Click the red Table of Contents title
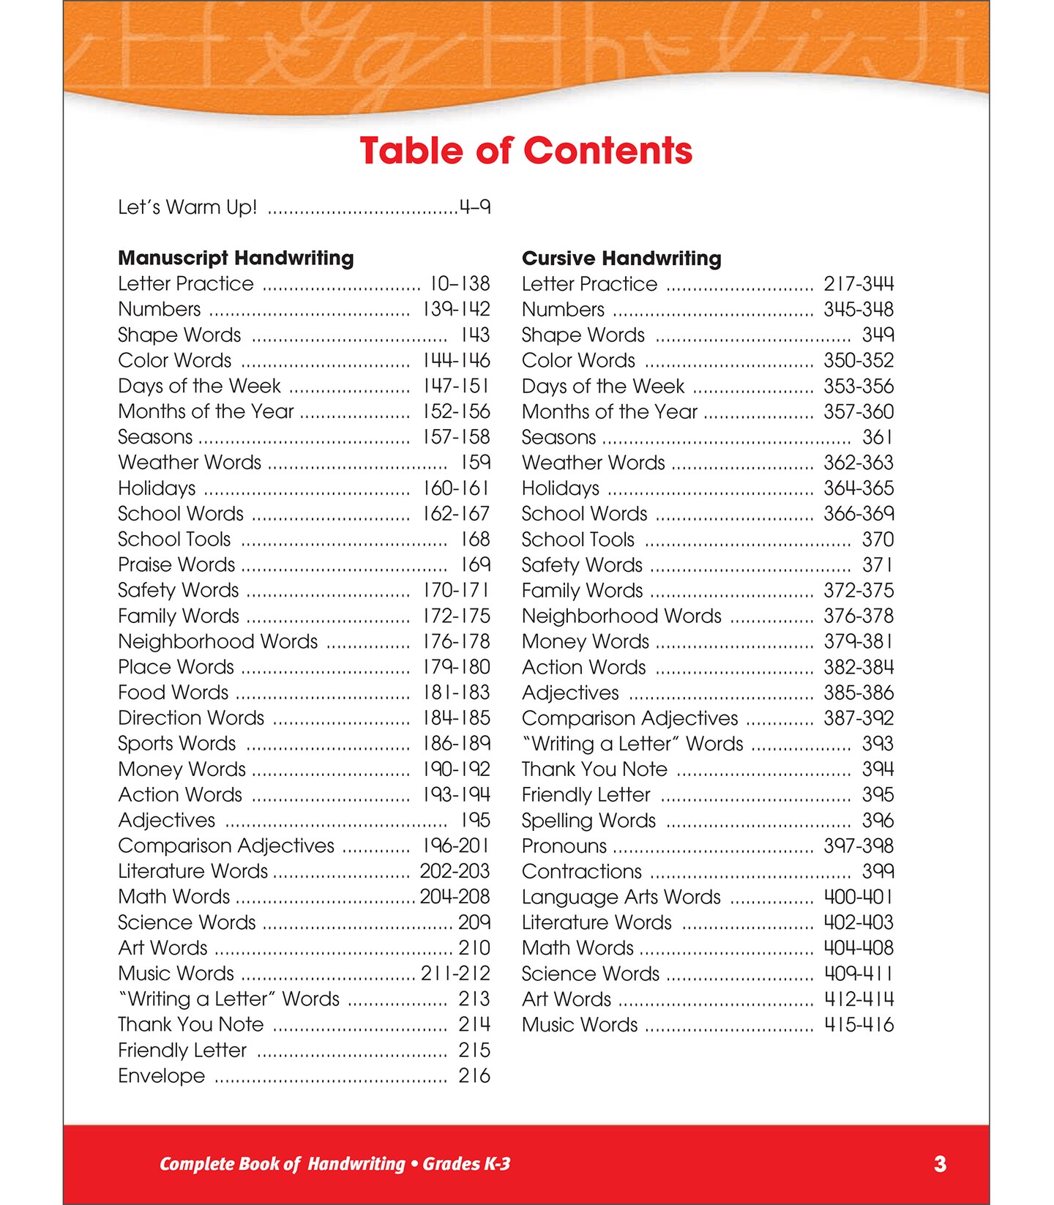[526, 151]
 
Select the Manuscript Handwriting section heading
[236, 258]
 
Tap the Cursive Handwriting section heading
[621, 258]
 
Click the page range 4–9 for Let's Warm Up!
[475, 207]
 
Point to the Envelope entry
[162, 1075]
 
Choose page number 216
[474, 1075]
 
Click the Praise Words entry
[176, 564]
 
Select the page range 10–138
[460, 283]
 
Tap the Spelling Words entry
[588, 820]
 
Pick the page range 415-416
[859, 1024]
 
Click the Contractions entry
[582, 871]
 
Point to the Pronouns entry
[564, 846]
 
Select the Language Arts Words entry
[621, 897]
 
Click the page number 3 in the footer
[940, 1164]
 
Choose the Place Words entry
[176, 667]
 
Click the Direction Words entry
[191, 717]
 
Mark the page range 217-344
[859, 283]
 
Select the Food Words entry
[173, 692]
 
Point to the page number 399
[878, 871]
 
